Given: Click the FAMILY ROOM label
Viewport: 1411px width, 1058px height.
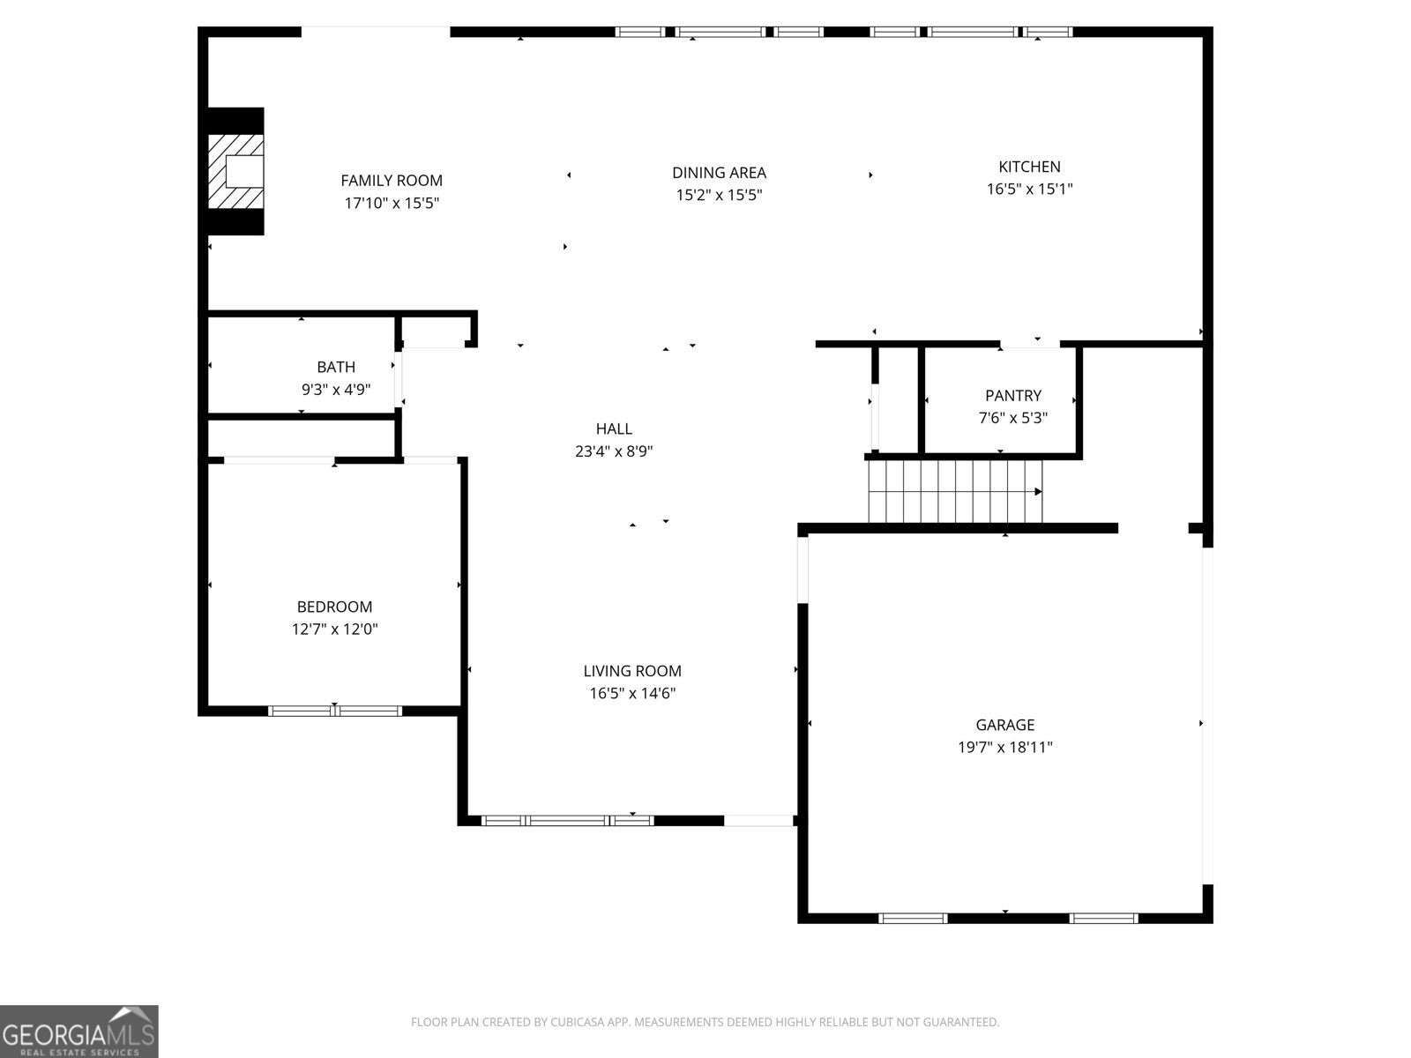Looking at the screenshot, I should click(392, 181).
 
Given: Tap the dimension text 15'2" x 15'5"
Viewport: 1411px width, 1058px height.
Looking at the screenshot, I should click(719, 196).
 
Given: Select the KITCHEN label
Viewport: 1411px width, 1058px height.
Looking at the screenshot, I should click(1029, 167).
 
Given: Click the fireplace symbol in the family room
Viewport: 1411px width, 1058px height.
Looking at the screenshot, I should click(236, 171).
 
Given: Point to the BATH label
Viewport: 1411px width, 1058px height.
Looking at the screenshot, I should click(336, 367).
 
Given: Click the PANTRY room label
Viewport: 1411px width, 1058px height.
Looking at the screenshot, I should click(1013, 396).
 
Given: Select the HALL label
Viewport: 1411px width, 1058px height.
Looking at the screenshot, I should click(614, 429).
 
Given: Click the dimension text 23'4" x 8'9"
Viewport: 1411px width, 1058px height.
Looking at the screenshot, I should click(614, 451).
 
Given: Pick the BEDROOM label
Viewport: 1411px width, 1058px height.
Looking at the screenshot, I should click(334, 607).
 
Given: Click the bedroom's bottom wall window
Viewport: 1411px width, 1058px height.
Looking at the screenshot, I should click(335, 711).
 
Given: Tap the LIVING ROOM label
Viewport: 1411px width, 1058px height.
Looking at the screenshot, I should click(632, 671).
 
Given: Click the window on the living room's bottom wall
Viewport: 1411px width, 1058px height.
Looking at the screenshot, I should click(567, 821).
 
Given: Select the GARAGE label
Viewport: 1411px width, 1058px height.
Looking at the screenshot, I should click(1005, 725).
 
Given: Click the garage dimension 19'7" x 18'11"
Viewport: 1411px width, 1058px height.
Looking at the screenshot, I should click(1005, 748).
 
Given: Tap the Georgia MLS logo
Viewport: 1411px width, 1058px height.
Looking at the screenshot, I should click(78, 1032).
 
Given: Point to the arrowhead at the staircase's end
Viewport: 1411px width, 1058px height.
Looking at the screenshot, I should click(1038, 492).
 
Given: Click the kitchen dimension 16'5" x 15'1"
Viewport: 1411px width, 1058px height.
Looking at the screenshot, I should click(1029, 189).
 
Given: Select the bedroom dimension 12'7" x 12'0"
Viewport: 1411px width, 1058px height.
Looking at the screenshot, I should click(334, 630).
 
